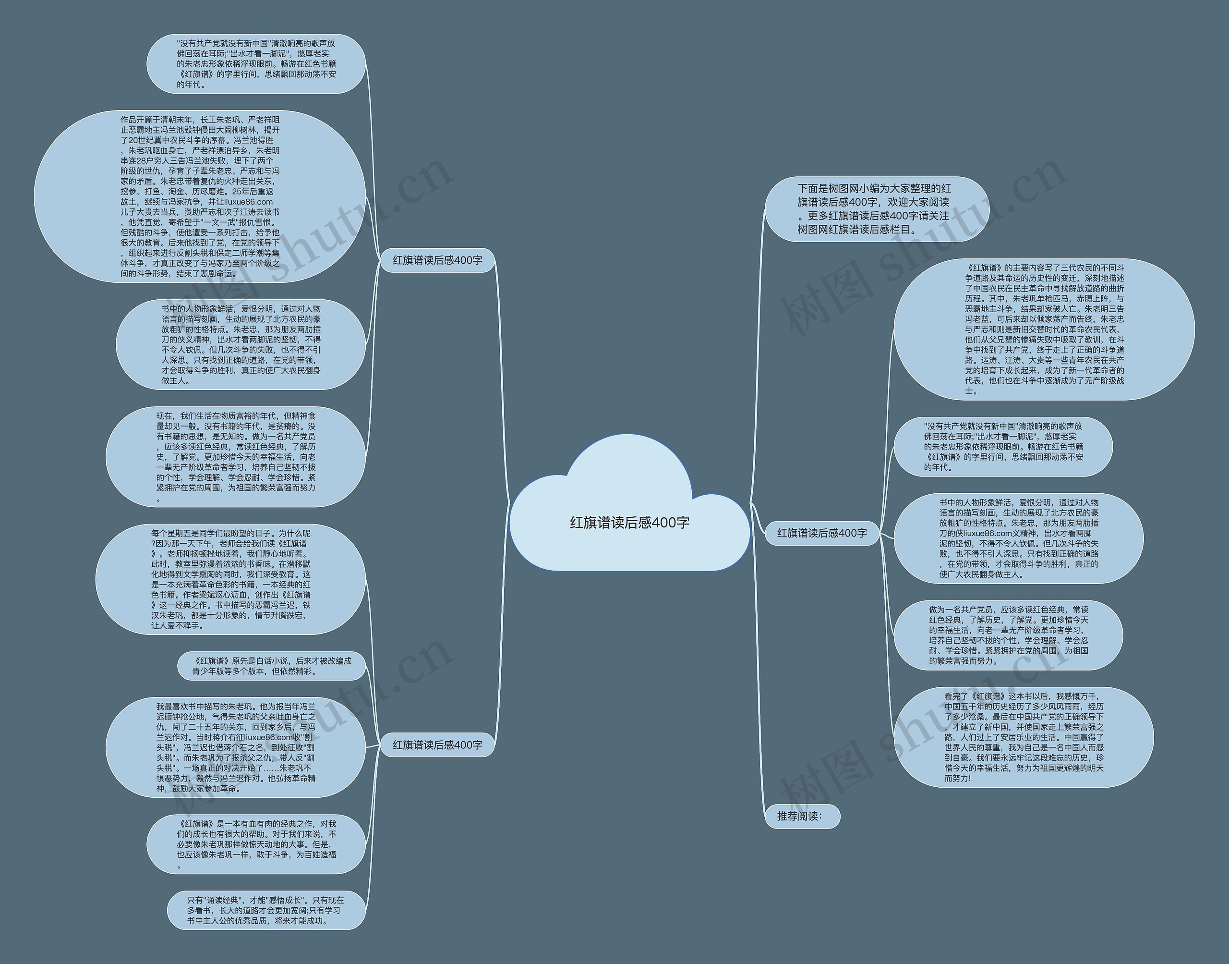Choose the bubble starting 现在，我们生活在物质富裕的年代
(236, 457)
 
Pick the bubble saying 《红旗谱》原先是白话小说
(272, 666)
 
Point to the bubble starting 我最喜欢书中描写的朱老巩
(236, 747)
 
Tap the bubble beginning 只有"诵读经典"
(266, 910)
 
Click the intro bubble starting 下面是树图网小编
(877, 209)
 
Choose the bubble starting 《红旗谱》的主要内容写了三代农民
(1044, 329)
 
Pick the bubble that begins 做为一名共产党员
(1009, 635)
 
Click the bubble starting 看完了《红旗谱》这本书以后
(1024, 737)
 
